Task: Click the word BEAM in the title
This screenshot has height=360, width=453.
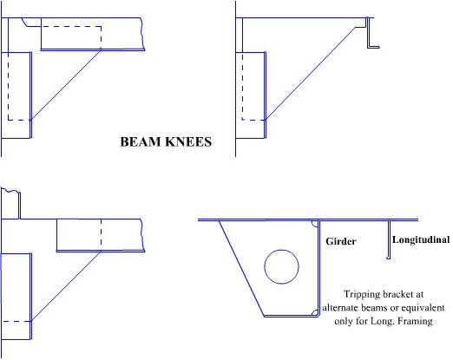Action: coord(140,142)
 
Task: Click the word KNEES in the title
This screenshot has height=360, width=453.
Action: coord(188,142)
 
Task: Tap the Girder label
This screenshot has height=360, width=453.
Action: coord(341,241)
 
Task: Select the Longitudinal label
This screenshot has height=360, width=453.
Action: coord(421,239)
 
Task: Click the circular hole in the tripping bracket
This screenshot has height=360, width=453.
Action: coord(281,250)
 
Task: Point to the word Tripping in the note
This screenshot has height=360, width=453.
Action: coord(362,294)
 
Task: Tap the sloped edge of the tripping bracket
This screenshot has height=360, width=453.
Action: coord(241,268)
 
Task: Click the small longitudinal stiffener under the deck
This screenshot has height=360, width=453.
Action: coord(389,239)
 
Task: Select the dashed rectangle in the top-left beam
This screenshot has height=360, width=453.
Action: coord(101,37)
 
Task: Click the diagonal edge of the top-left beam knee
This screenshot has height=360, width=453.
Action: coord(66,85)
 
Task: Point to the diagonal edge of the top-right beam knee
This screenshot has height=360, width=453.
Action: coord(311,74)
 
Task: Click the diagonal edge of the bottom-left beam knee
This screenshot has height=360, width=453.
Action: coord(66,286)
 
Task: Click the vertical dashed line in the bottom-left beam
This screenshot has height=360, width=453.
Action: coord(101,235)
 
